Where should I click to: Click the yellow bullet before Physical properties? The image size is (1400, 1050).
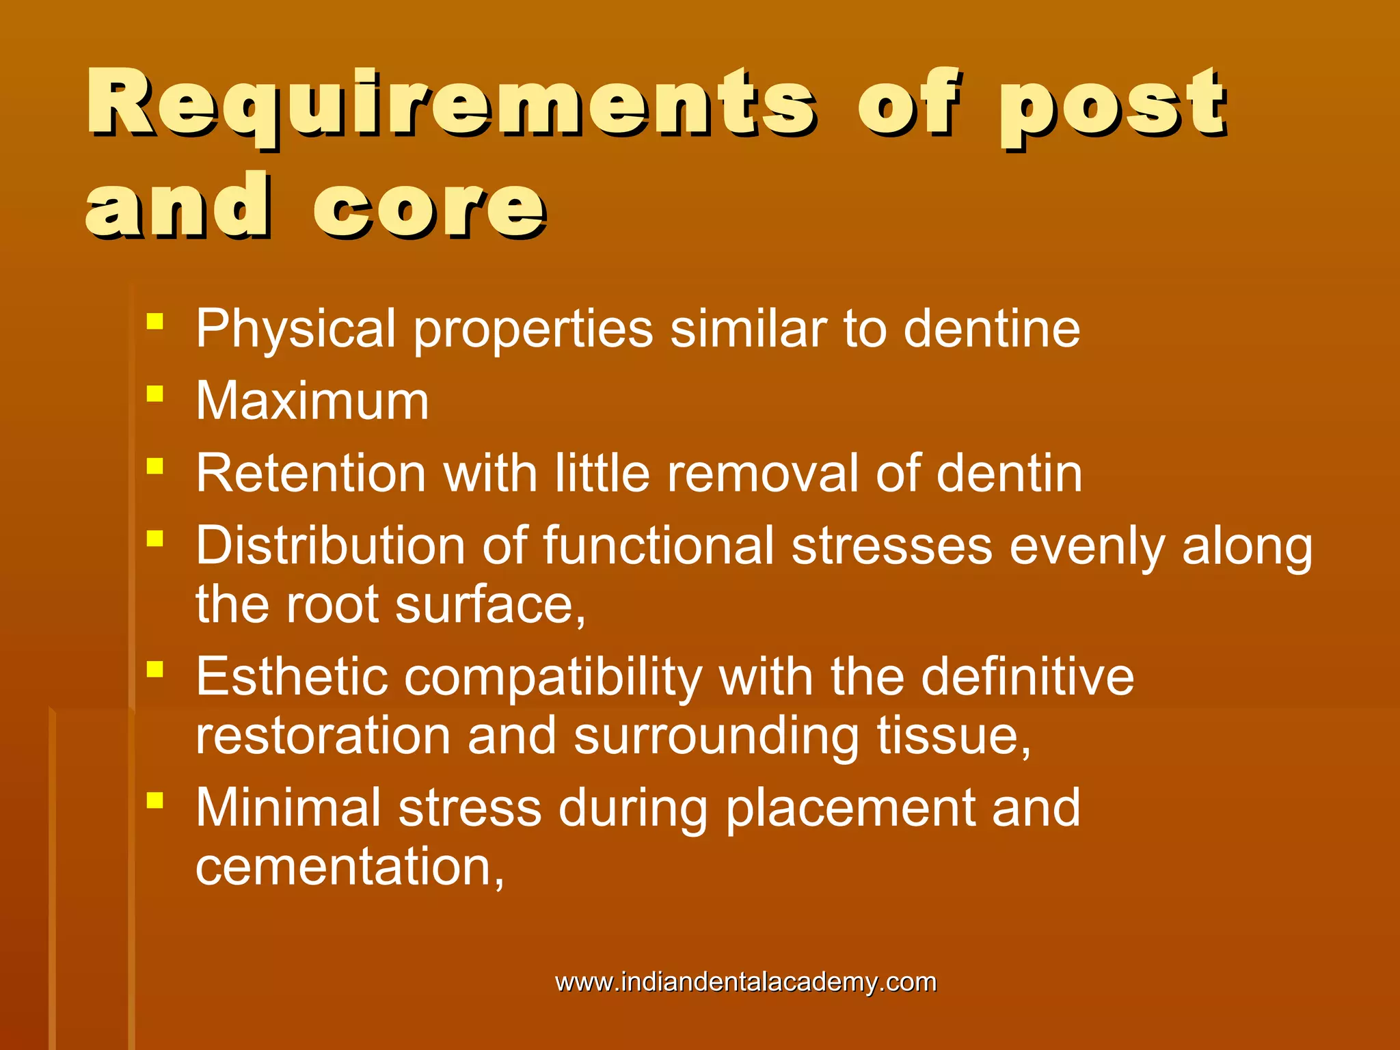coord(155,321)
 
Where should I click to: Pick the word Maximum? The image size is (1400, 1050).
coord(312,401)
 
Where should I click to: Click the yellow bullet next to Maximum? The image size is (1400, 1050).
coord(155,394)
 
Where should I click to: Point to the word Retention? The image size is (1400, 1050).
coord(311,473)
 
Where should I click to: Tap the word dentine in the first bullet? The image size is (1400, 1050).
coord(991,329)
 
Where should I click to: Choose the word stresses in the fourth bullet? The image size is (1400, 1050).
coord(891,546)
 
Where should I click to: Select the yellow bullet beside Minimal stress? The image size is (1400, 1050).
coord(155,800)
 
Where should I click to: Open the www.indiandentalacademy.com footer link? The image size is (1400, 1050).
coord(746,982)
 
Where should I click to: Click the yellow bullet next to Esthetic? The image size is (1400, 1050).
coord(155,669)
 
